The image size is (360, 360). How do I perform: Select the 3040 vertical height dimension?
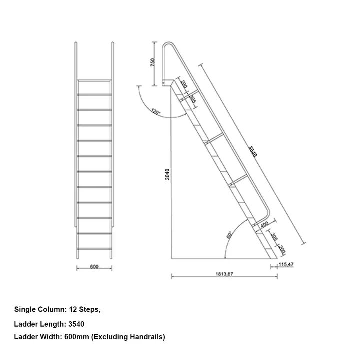pos(168,174)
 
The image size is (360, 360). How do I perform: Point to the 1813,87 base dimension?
pos(223,274)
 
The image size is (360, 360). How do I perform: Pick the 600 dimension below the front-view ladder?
pos(94,267)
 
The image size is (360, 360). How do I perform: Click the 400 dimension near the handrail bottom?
pos(264,225)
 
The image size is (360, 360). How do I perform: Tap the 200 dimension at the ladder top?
pos(183,84)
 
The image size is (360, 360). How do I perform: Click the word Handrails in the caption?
pos(146,337)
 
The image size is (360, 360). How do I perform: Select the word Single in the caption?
pos(25,310)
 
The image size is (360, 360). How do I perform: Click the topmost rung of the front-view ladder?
pos(94,80)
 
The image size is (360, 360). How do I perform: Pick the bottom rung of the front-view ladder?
pos(94,249)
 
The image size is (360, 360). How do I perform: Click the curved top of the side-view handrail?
pos(170,45)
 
